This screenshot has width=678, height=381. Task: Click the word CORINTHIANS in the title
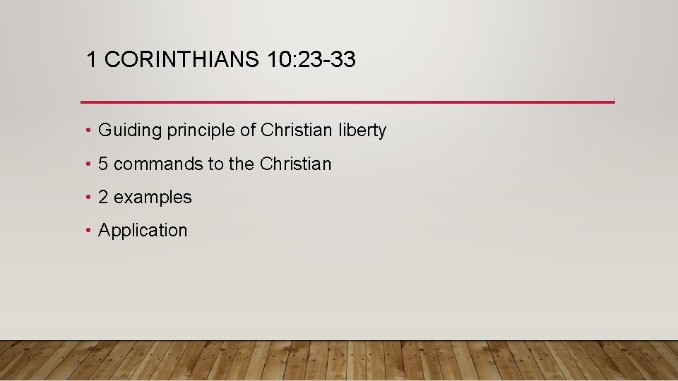[x=182, y=60]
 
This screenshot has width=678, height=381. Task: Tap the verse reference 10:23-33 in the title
[x=312, y=60]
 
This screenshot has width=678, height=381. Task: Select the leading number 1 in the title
[x=91, y=60]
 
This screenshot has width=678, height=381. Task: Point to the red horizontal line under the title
[x=347, y=102]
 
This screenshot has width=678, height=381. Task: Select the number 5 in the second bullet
[x=103, y=164]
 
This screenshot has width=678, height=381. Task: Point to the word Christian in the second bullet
[x=295, y=164]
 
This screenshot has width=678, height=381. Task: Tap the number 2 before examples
[x=103, y=197]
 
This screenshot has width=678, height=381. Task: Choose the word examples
[x=153, y=197]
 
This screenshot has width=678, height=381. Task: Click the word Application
[x=143, y=231]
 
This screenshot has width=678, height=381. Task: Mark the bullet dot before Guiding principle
[x=86, y=131]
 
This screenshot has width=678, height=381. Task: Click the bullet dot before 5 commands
[x=86, y=164]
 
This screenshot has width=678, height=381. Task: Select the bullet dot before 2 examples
[x=86, y=198]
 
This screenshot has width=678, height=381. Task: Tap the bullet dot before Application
[x=86, y=231]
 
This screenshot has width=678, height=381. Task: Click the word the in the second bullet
[x=241, y=164]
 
